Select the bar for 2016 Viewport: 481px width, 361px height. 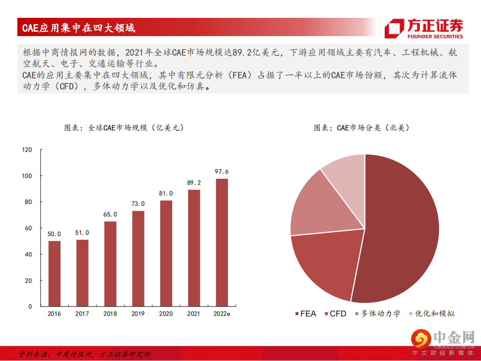click(x=54, y=273)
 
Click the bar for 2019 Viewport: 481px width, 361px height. click(x=138, y=258)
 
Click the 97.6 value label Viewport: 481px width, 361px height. click(x=222, y=172)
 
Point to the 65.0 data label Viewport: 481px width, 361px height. click(x=110, y=214)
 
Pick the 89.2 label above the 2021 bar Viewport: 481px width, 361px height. click(x=194, y=183)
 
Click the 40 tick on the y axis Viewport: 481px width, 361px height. click(x=28, y=254)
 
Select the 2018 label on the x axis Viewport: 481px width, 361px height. click(x=110, y=314)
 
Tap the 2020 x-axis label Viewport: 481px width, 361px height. click(x=166, y=314)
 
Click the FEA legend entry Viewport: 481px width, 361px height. click(x=305, y=314)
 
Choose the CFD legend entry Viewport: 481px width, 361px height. click(x=335, y=314)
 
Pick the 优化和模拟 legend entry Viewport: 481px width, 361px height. click(x=432, y=314)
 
